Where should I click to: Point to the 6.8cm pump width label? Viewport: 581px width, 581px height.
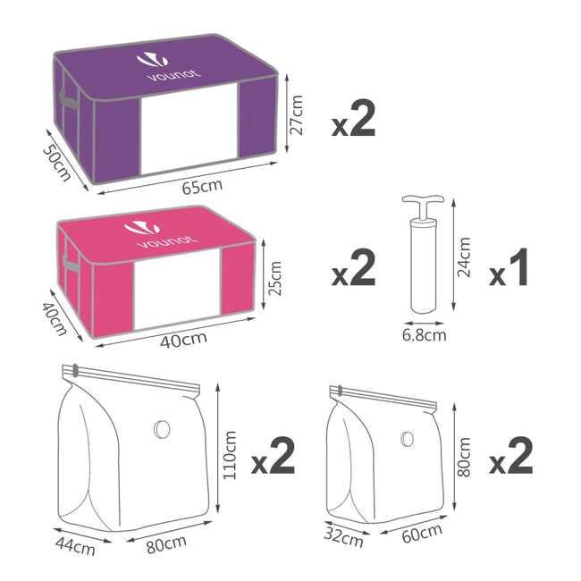point(423,335)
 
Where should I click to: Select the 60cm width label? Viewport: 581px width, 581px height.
point(422,535)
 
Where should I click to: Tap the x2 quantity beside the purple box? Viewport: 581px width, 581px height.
point(353,122)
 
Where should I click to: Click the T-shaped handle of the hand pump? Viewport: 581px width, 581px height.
point(418,203)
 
